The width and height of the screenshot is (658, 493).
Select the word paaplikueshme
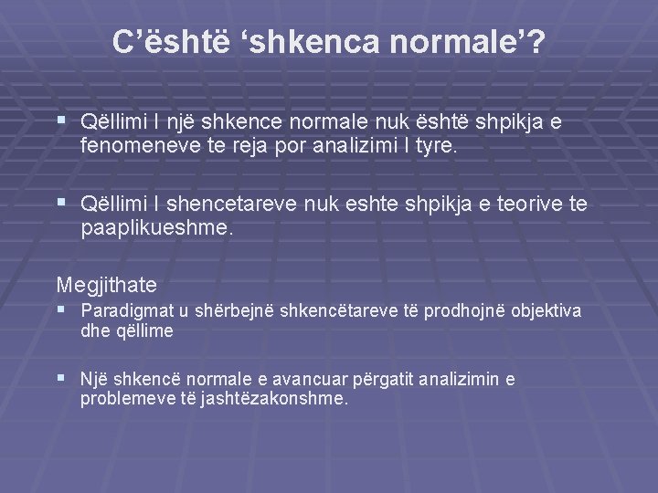coord(157,228)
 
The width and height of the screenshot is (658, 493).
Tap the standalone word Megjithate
coord(107,284)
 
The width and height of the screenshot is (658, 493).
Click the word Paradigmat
coord(120,311)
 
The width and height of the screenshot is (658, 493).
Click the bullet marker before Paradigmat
coord(61,310)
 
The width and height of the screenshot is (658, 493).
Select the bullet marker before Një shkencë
coord(61,378)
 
